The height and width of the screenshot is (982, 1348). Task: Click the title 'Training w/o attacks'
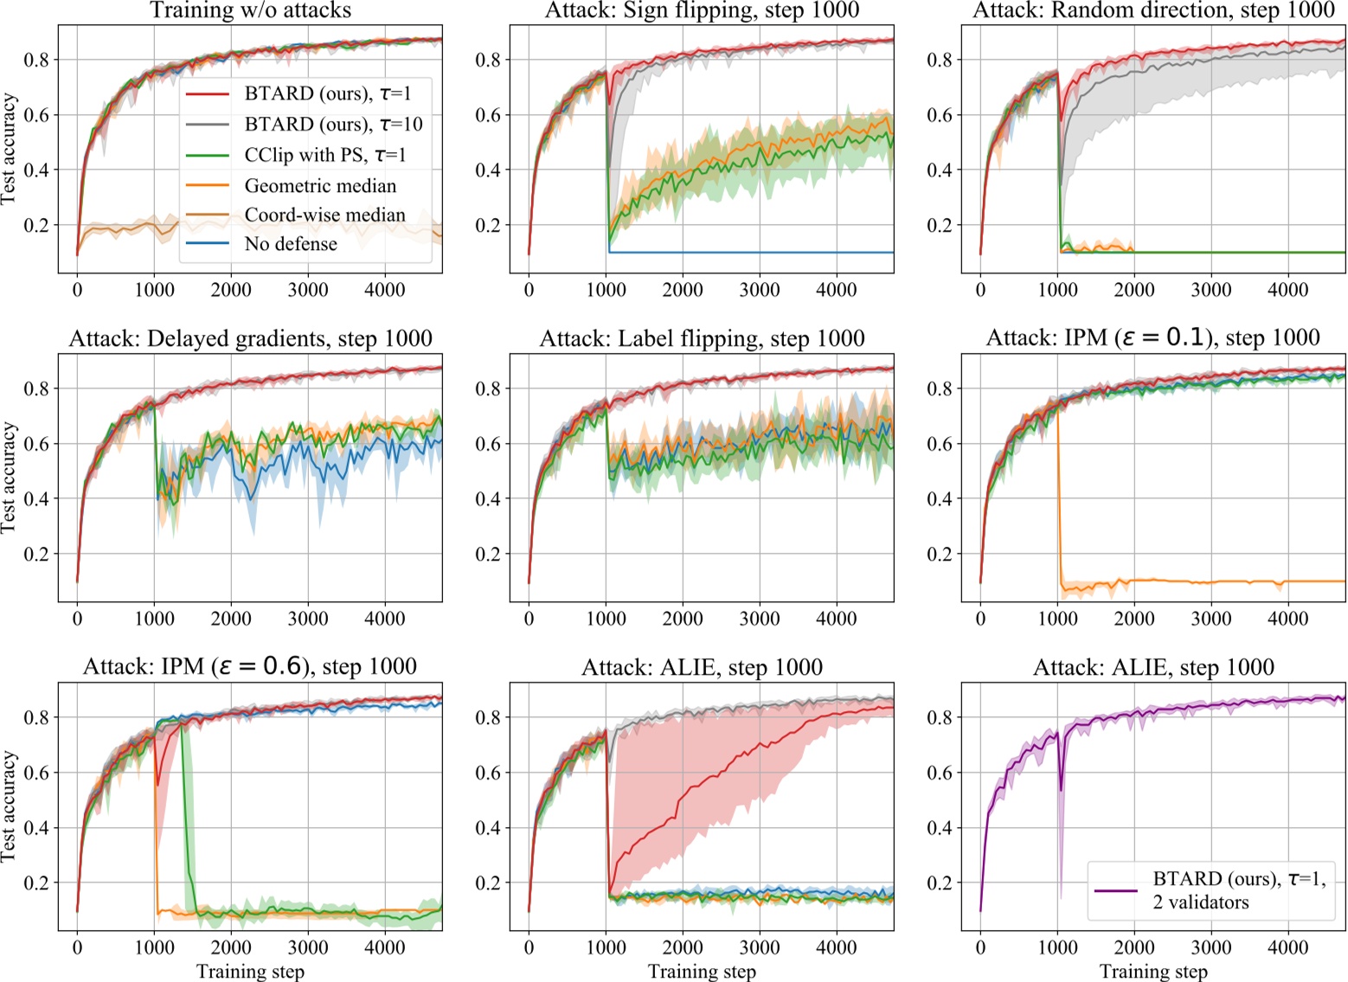point(251,10)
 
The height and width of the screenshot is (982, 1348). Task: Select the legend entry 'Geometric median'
point(320,185)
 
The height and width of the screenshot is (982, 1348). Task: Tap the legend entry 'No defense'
point(291,244)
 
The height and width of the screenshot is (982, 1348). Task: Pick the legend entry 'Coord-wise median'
point(324,215)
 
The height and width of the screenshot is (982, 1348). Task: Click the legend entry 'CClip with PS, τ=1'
point(324,155)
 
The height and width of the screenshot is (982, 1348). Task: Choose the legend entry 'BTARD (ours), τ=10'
point(333,125)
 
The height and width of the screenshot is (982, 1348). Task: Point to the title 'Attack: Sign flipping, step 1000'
point(702,10)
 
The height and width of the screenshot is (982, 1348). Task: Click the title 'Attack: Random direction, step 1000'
point(1153,10)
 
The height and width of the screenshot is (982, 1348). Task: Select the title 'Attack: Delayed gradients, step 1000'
point(251,338)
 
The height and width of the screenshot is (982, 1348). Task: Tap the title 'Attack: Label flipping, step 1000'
point(702,338)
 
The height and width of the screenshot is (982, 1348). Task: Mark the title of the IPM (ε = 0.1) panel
point(1153,338)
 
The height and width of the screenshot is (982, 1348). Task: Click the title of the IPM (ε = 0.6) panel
point(251,667)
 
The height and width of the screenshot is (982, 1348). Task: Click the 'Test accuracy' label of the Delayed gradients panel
point(10,478)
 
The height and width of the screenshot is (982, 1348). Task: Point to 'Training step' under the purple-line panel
point(1153,972)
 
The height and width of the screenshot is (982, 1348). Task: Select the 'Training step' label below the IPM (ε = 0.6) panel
point(251,972)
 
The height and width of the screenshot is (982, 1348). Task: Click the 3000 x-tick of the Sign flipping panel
point(759,289)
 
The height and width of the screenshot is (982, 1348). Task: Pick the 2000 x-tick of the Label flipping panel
point(683,619)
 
